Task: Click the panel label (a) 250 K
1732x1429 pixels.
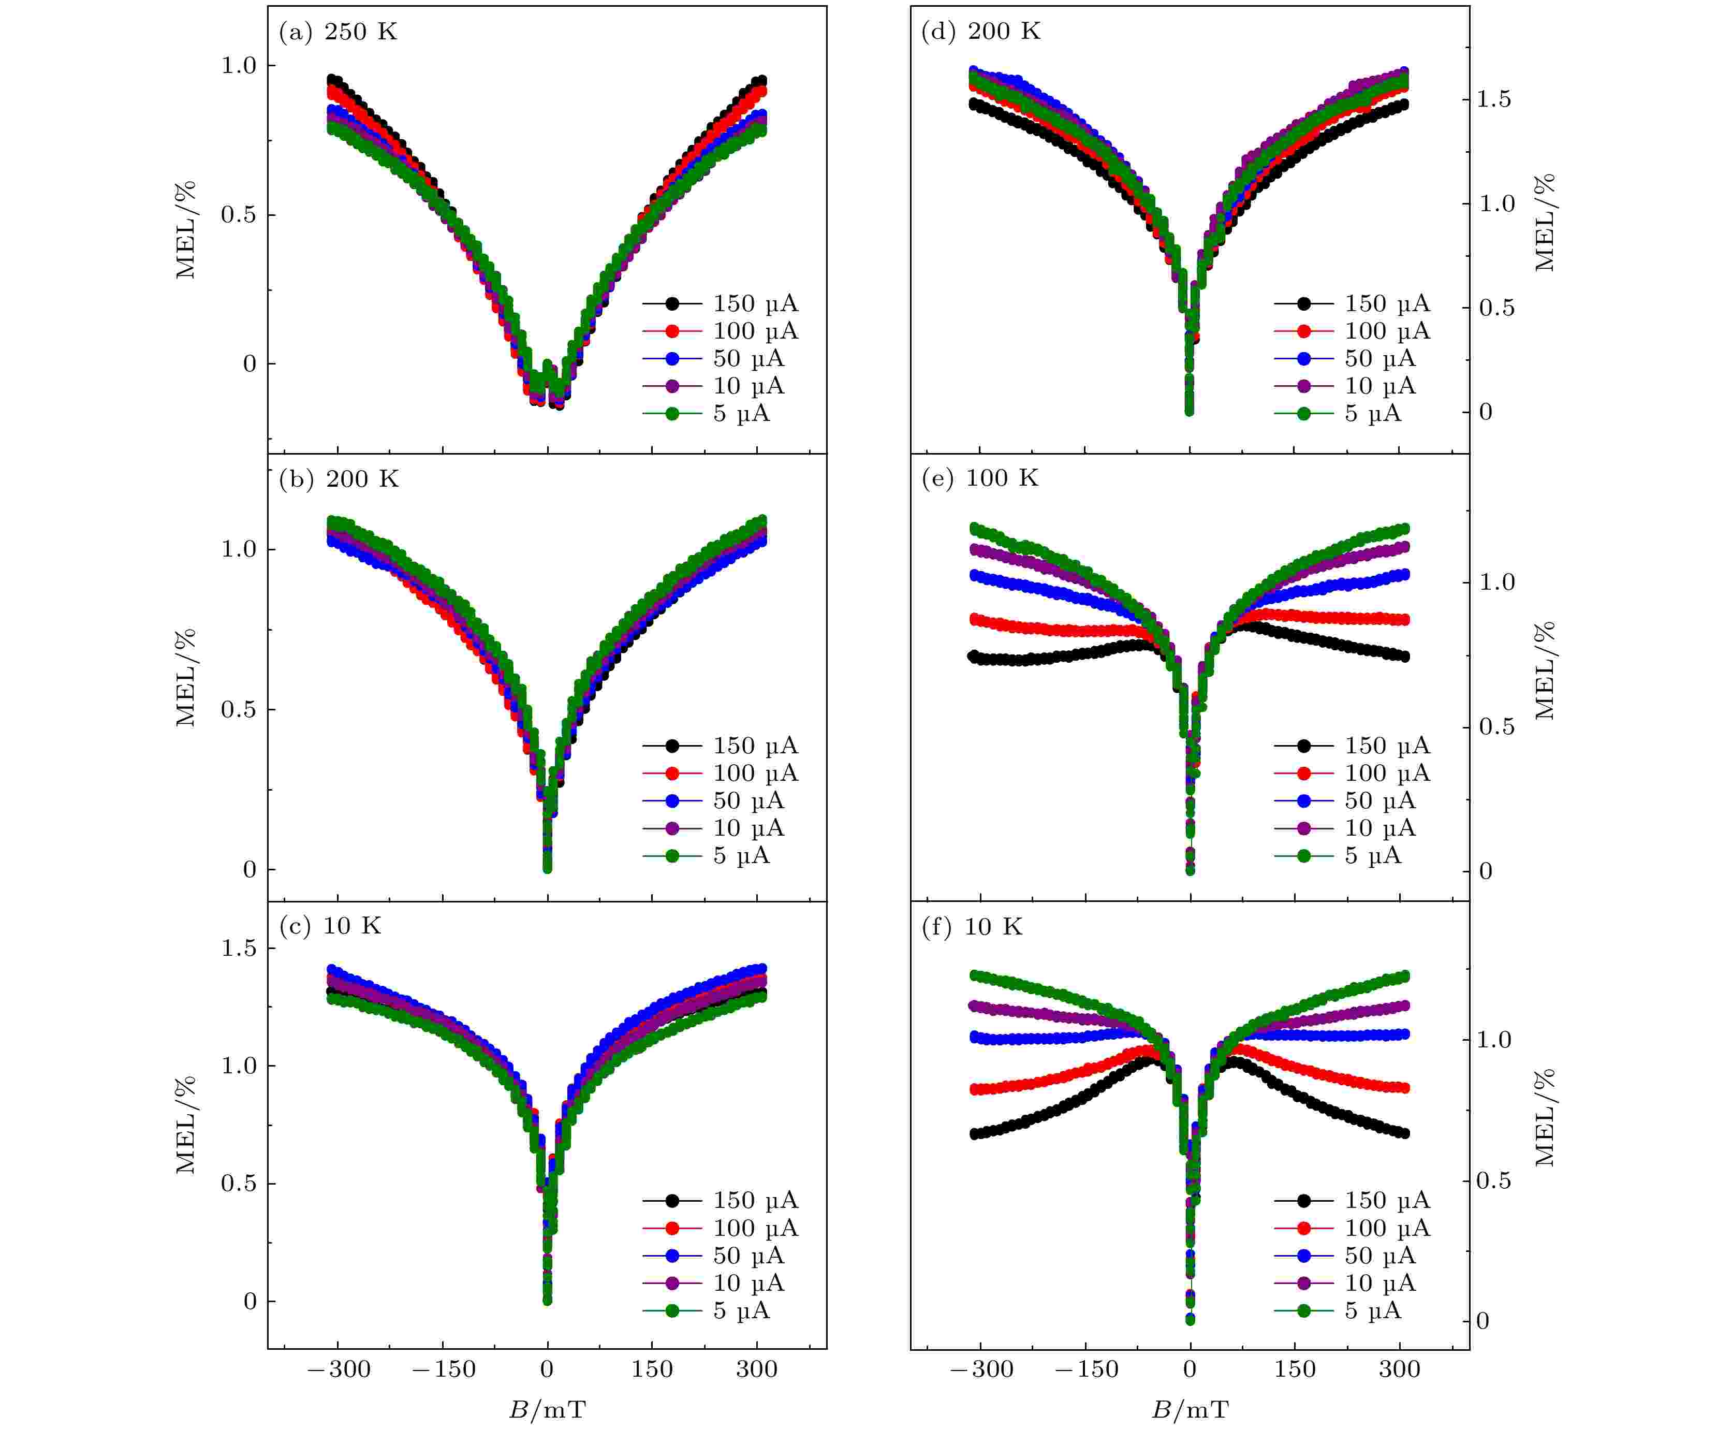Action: (337, 32)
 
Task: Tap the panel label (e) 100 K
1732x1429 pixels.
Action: (980, 478)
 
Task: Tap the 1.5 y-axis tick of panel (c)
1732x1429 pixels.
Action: (239, 949)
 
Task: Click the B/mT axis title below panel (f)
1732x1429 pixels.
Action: (1190, 1410)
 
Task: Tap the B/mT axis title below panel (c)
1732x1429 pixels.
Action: (547, 1410)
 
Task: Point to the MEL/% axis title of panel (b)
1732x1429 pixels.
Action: (186, 677)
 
